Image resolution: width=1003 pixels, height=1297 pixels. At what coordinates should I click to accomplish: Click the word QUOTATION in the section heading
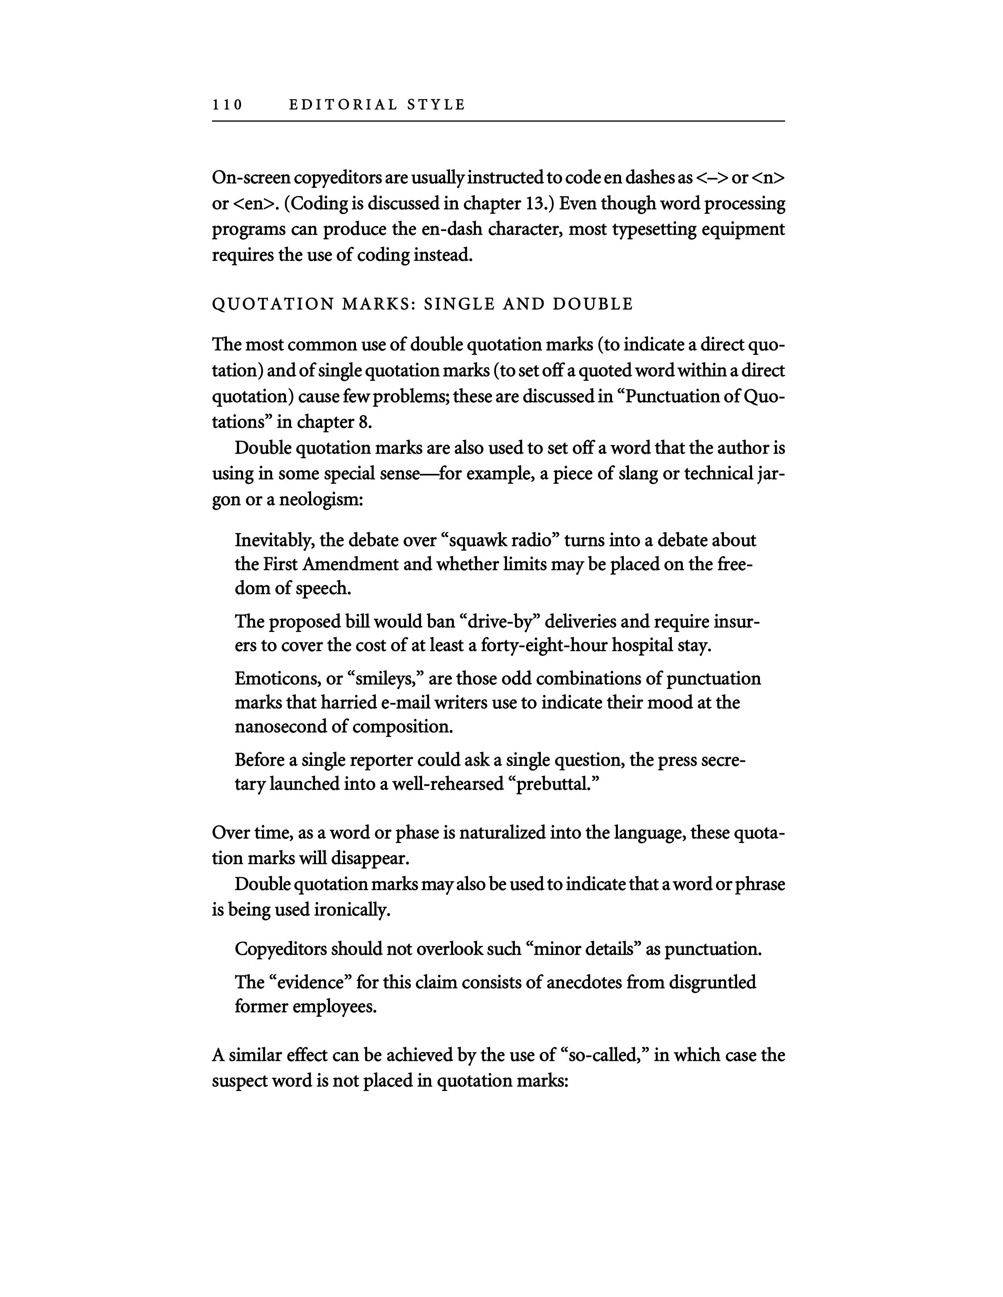(273, 304)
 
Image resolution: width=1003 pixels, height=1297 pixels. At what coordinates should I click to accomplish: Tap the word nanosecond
(288, 727)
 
